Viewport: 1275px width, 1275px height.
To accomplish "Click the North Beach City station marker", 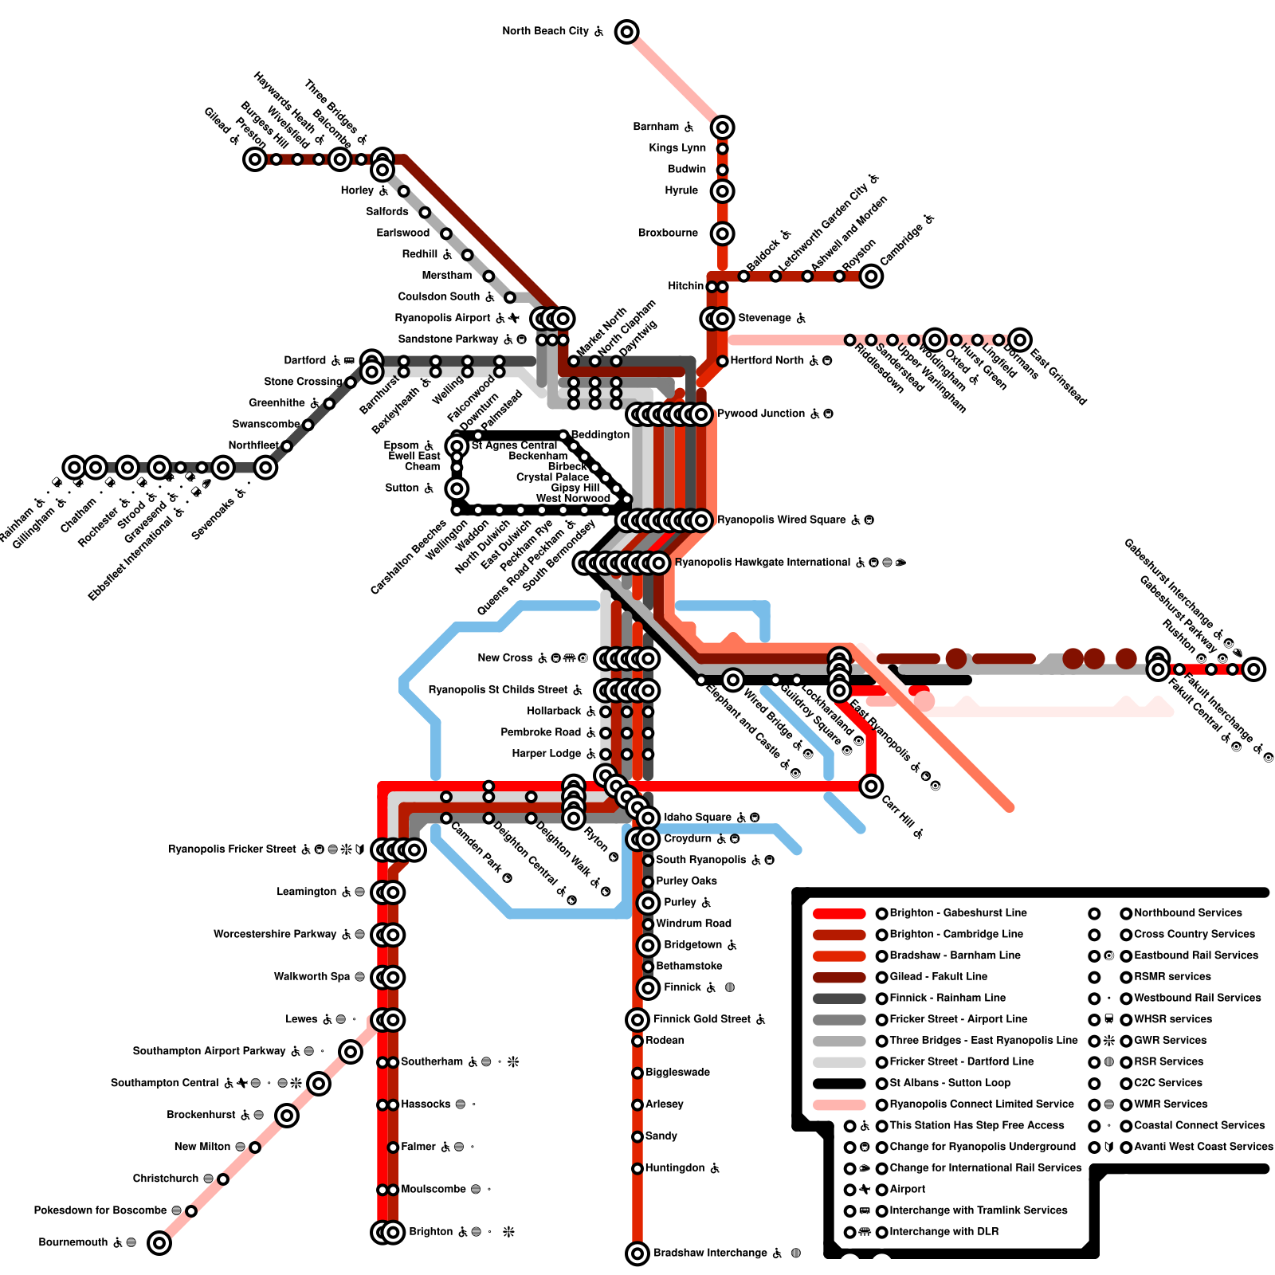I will pos(627,32).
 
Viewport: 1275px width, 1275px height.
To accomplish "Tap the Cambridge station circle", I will pos(871,276).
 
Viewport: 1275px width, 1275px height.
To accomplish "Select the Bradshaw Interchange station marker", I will pos(637,1253).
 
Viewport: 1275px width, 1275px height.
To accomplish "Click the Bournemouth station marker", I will pos(159,1242).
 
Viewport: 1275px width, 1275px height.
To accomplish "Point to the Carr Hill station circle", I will pos(871,787).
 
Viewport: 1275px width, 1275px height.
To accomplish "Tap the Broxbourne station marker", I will pos(722,233).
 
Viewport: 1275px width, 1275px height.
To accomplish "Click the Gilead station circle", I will pos(255,159).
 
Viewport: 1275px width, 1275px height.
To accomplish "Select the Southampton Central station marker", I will pos(319,1083).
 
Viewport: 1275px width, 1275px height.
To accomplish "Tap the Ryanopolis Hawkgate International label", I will pos(763,563).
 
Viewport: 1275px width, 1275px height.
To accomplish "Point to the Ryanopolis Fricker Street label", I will pos(232,849).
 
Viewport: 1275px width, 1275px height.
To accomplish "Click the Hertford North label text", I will pos(767,360).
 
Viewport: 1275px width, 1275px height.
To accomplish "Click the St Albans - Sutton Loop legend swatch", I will pos(839,1083).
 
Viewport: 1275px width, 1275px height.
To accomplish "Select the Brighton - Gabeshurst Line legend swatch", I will pos(839,913).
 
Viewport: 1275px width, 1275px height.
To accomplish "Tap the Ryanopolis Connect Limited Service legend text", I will pos(982,1104).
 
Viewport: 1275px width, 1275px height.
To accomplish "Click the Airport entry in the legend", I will pos(908,1189).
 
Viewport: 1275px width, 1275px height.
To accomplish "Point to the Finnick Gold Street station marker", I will pos(637,1019).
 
